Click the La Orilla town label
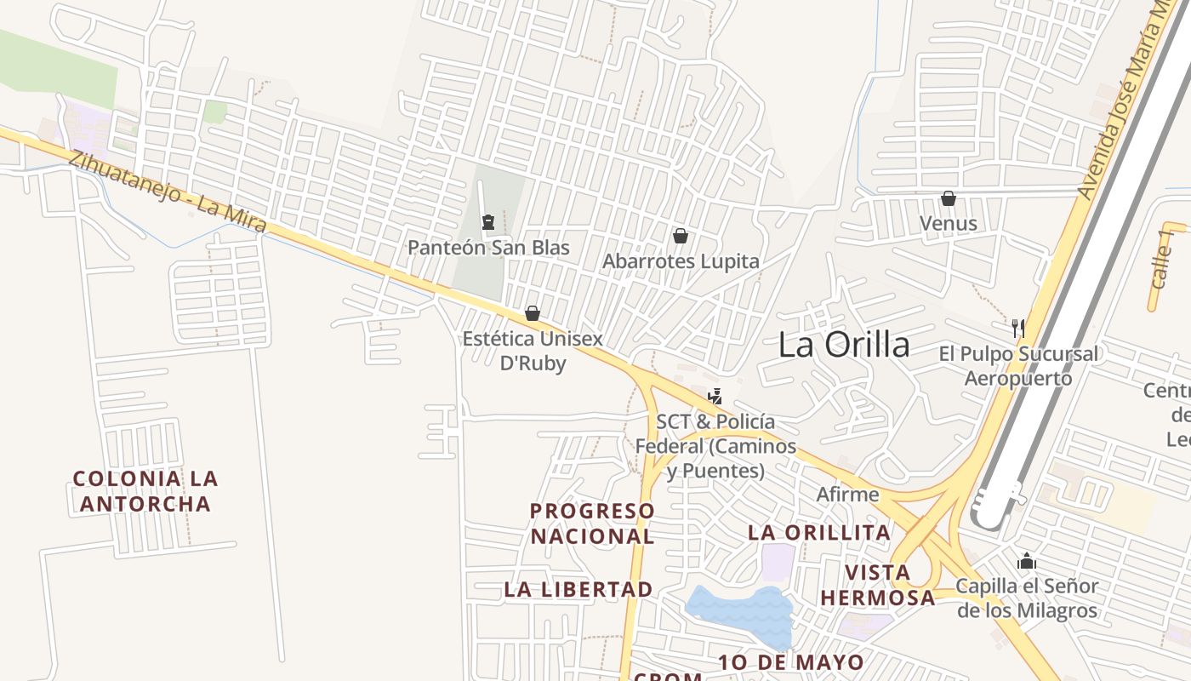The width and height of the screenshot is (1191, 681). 844,345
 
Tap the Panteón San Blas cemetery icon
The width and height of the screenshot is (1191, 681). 488,223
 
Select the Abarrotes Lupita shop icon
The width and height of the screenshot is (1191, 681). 681,236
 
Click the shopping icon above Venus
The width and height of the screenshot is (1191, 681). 949,198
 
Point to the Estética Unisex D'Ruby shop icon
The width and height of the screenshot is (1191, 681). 533,313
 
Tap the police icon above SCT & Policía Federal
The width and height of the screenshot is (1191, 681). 715,397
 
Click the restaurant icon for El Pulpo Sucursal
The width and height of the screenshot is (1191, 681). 1017,327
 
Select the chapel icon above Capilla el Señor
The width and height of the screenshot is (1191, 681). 1027,562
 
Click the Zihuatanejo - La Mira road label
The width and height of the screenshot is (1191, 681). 168,193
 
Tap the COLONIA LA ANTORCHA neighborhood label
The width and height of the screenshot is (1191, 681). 145,491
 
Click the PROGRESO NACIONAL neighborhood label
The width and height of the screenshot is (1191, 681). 593,524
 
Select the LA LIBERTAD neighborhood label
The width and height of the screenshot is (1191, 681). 578,589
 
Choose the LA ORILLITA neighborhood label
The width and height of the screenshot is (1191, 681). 819,533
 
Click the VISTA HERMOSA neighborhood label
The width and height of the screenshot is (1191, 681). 878,585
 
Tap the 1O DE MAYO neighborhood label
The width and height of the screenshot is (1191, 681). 791,662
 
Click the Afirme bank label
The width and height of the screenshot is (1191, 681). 847,494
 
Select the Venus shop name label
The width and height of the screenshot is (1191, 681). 949,224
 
